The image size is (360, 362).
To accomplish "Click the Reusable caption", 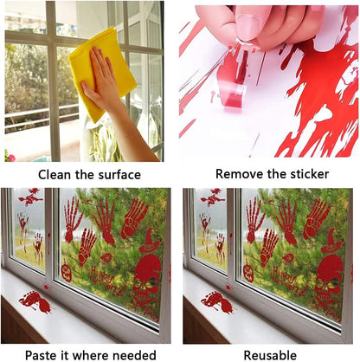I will click(271, 354).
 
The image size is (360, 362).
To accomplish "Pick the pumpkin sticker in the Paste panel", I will click(66, 273).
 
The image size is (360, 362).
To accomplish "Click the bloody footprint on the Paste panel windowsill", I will click(35, 301).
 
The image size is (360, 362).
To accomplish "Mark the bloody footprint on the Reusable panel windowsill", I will click(216, 301).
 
